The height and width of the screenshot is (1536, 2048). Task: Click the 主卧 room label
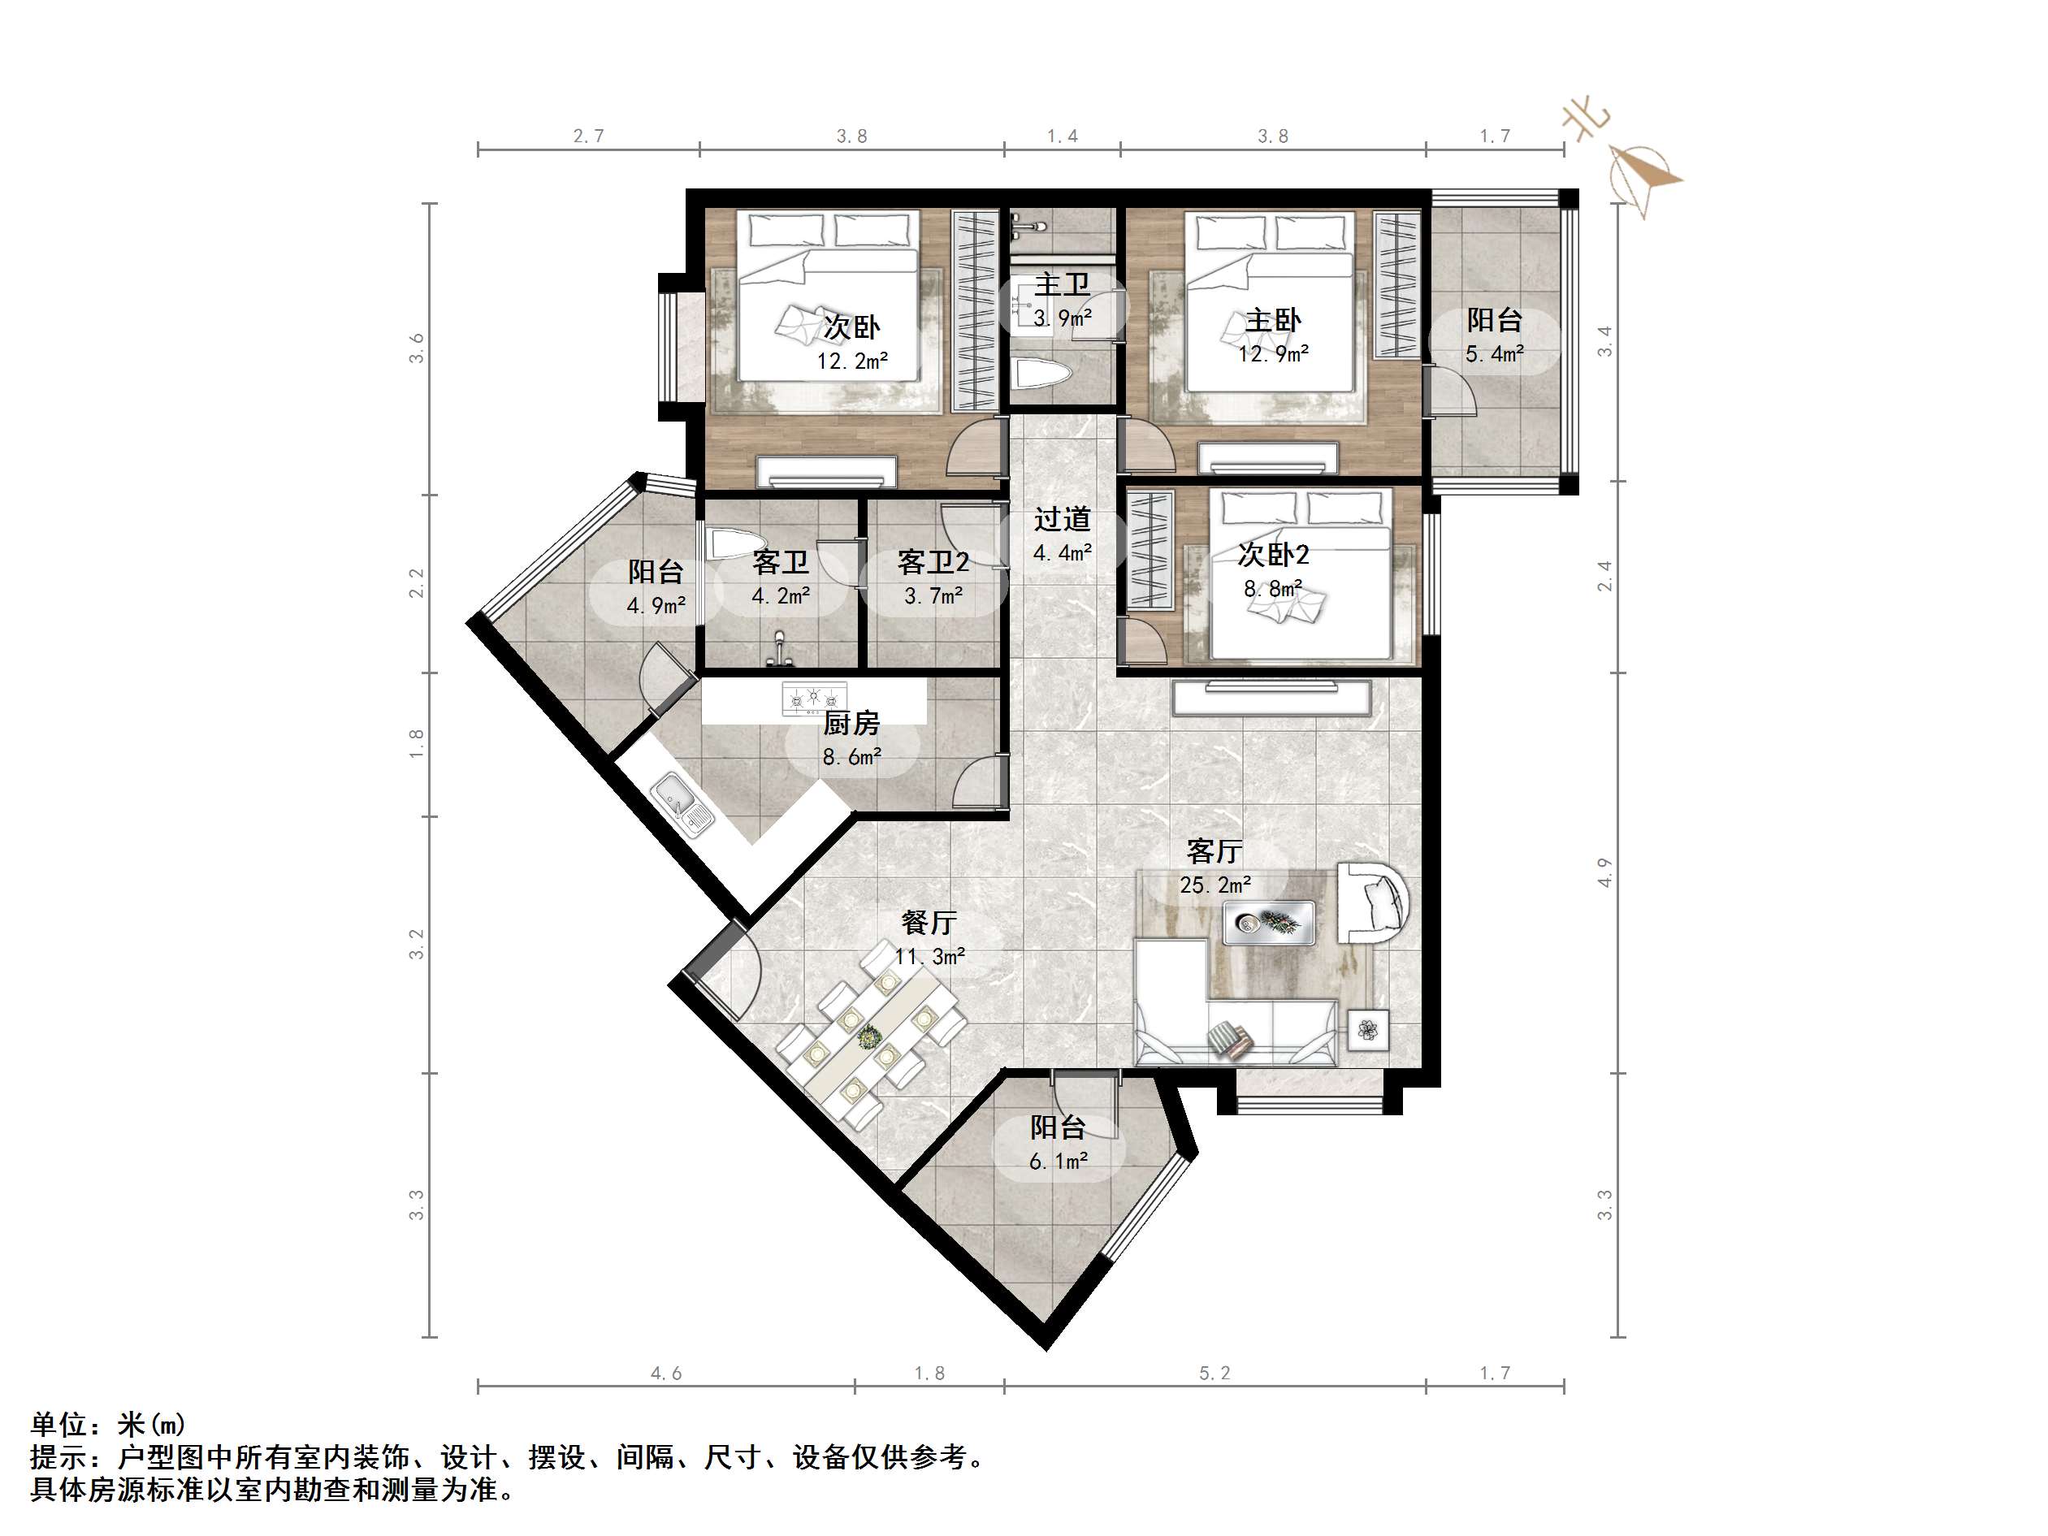pos(1272,320)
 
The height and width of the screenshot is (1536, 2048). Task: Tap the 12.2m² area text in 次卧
pos(852,361)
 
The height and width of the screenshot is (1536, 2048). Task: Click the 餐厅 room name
pos(929,922)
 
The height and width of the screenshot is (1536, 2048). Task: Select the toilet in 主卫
pos(1042,375)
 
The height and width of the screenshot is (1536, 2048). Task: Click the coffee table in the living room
pos(1268,922)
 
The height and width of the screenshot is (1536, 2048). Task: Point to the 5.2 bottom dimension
pos(1214,1373)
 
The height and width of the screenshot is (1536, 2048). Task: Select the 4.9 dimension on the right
pos(1604,872)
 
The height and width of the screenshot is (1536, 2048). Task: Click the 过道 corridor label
pos(1062,519)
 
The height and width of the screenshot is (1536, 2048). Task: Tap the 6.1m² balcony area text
pos(1059,1161)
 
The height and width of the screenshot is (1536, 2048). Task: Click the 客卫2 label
pos(933,562)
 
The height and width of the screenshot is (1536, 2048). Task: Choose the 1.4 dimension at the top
pos(1062,136)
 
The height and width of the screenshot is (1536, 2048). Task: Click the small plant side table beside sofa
pos(1368,1028)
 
